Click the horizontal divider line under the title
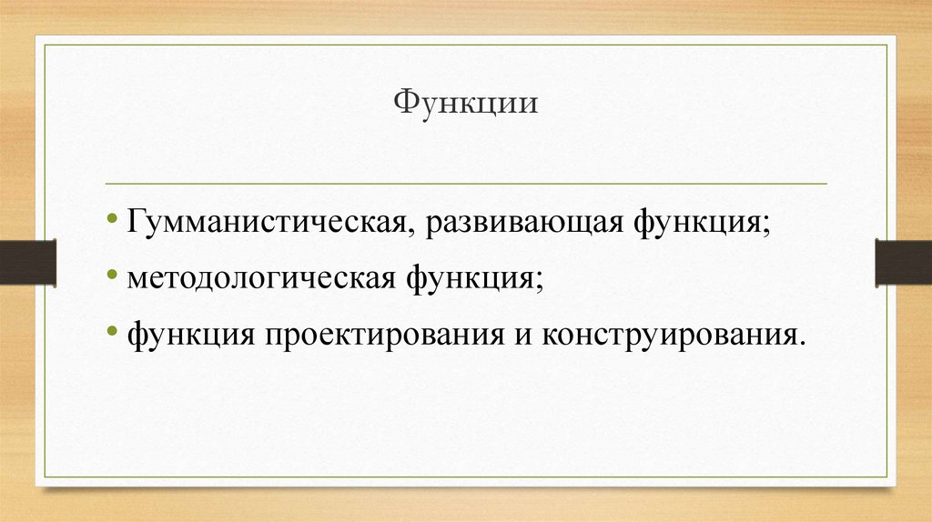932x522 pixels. click(466, 183)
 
